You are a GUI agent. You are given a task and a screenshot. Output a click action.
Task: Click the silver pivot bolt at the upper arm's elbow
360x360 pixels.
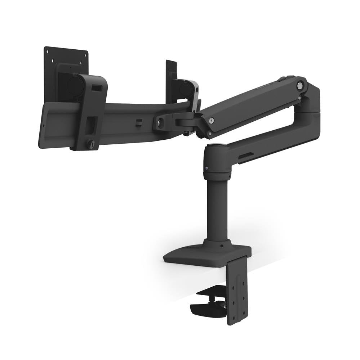(x=299, y=86)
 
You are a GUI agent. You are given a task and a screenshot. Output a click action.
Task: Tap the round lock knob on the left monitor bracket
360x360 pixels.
(x=90, y=144)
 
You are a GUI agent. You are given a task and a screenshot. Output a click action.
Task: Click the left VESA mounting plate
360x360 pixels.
(x=66, y=58)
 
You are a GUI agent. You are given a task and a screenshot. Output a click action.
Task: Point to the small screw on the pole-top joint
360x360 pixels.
(x=206, y=168)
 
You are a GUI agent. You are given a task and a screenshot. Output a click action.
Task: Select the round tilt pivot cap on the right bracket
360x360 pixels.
(x=186, y=89)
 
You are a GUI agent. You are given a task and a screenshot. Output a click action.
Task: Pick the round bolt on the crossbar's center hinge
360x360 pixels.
(x=160, y=123)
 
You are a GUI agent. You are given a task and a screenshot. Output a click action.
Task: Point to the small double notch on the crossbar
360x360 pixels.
(x=138, y=122)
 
